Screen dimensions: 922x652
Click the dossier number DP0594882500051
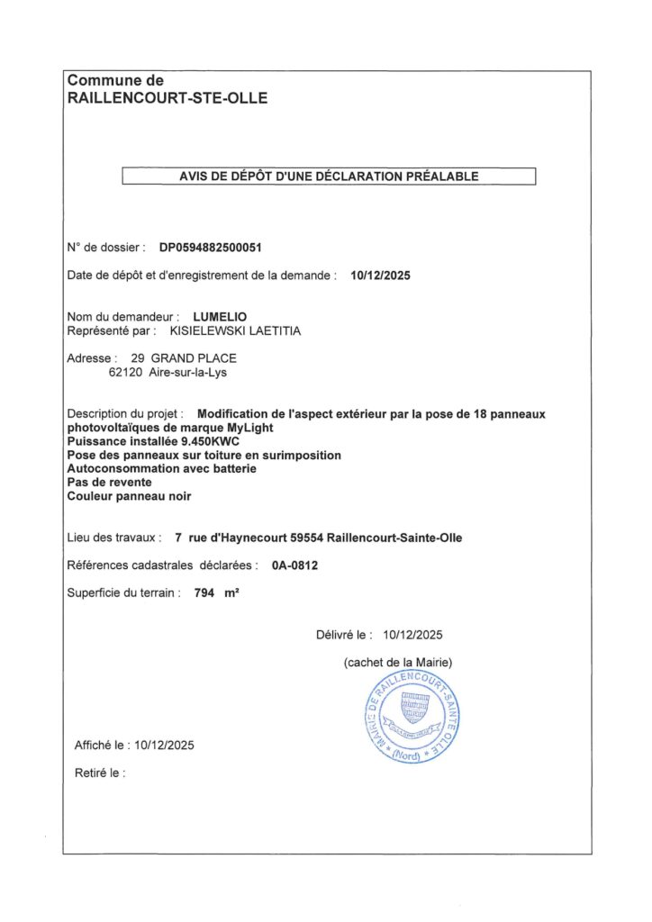coord(211,247)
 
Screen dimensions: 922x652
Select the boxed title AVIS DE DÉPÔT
coord(329,176)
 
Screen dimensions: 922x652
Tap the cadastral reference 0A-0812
coord(295,565)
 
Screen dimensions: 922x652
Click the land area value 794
coord(206,592)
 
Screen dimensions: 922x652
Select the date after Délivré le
coord(412,635)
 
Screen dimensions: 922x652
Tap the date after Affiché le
coord(163,745)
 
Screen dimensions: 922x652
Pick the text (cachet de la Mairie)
coord(398,663)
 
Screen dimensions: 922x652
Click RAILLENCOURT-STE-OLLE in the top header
coord(168,98)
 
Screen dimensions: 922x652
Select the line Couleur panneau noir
coord(130,496)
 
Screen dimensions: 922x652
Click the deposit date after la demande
coord(380,276)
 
